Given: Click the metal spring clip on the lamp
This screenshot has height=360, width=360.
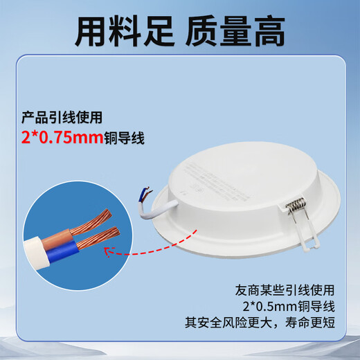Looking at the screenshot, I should click(296, 205).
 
